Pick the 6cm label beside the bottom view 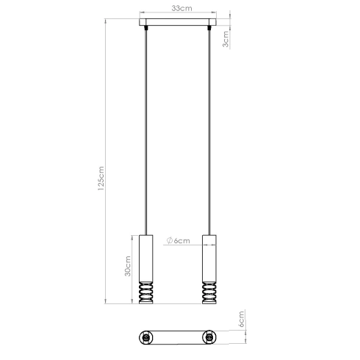click(240, 320)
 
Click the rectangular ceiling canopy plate click(180, 23)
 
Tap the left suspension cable click(148, 132)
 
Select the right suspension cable click(212, 132)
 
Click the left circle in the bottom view click(147, 338)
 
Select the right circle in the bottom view click(211, 338)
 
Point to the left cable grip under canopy click(148, 29)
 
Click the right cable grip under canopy click(212, 29)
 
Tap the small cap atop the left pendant click(148, 234)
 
